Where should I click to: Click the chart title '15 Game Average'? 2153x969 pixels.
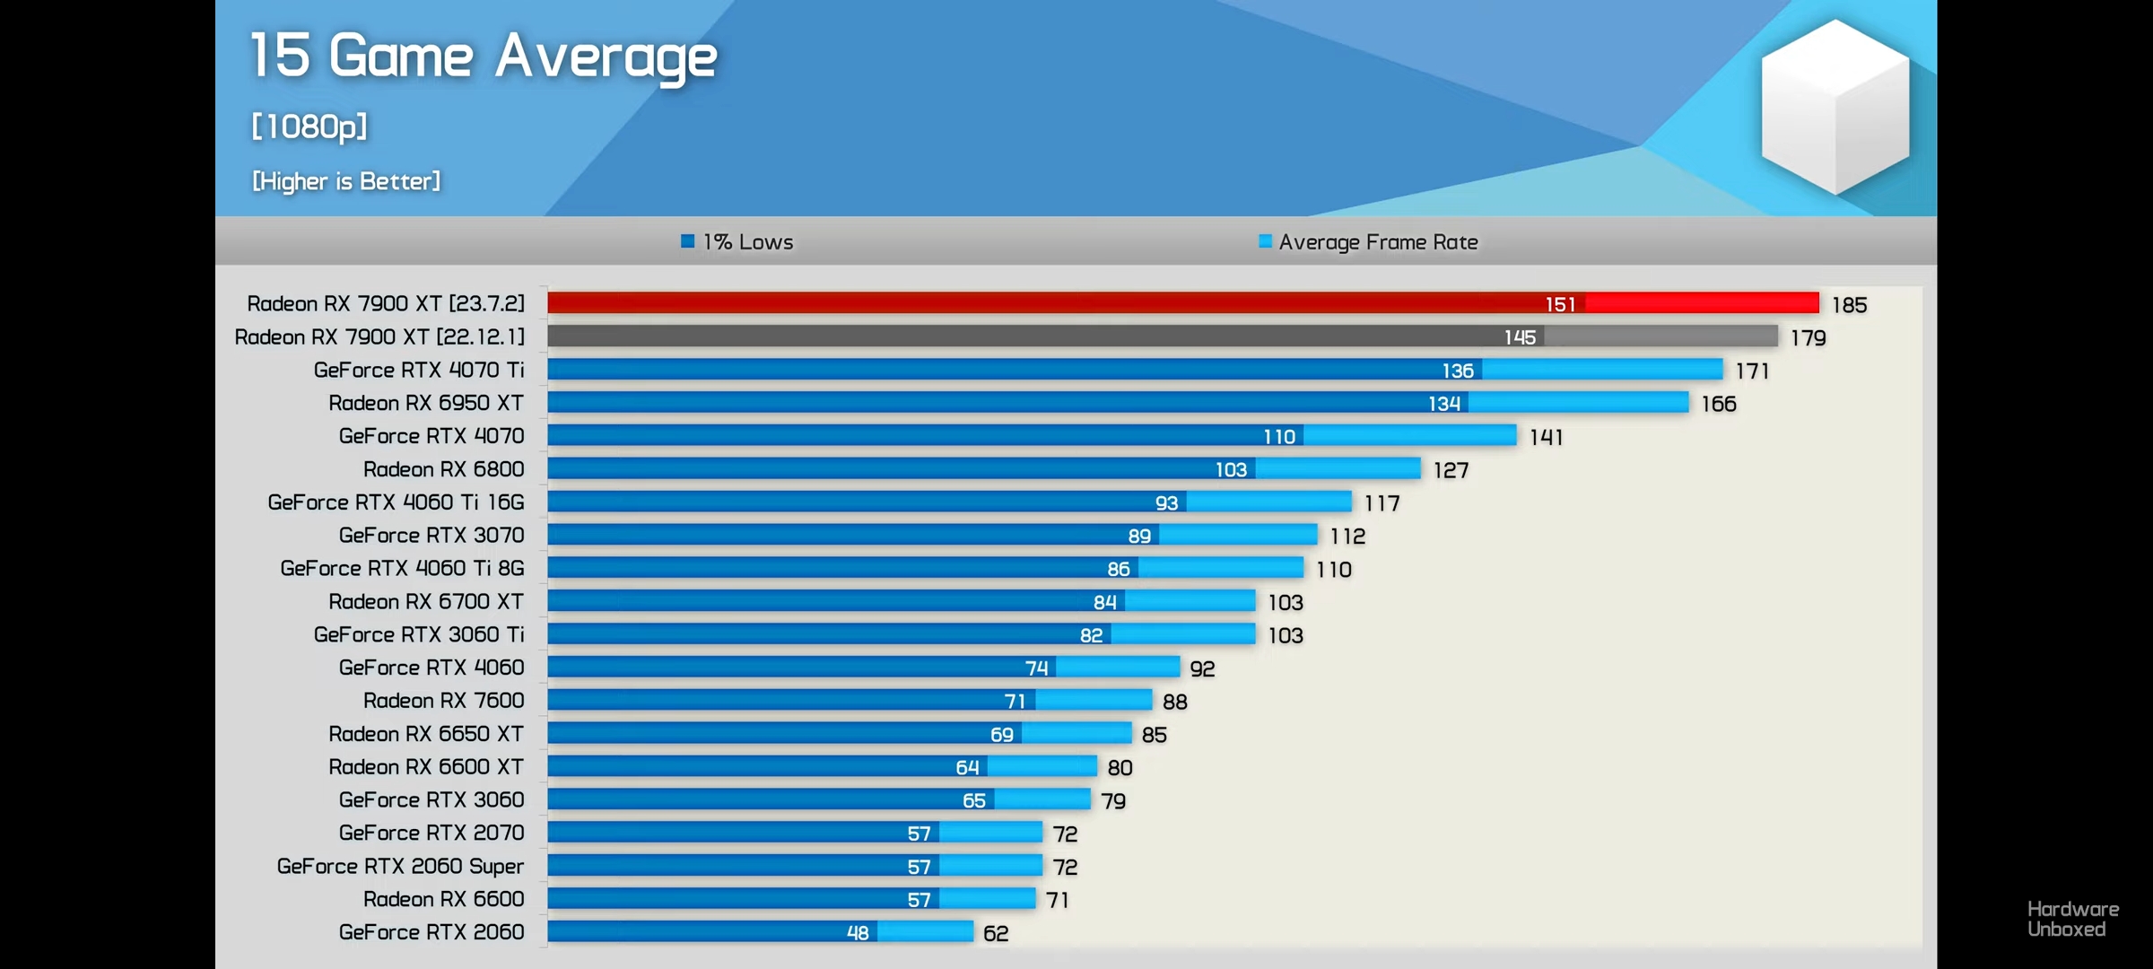(483, 56)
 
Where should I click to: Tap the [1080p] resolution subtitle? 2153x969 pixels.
(309, 127)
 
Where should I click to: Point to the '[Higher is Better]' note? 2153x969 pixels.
(346, 181)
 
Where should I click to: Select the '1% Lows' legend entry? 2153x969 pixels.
(738, 242)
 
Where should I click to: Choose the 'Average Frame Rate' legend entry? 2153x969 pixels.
(1369, 242)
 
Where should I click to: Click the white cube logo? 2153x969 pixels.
(1835, 106)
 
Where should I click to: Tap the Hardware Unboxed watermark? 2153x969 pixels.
(2072, 920)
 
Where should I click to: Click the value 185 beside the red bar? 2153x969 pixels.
(1849, 305)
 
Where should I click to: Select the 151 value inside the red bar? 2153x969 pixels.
(1560, 305)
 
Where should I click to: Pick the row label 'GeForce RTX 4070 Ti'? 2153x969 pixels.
(419, 370)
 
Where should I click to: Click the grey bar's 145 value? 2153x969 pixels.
(1520, 337)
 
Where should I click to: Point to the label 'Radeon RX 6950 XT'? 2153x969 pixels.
(426, 403)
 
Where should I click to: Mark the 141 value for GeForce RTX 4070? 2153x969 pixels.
(1546, 437)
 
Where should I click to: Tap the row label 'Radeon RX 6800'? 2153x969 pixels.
(444, 469)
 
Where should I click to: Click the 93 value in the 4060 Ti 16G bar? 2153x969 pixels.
(1166, 503)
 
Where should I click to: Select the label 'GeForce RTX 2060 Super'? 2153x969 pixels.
(400, 866)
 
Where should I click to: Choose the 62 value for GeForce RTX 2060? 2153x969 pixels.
(996, 933)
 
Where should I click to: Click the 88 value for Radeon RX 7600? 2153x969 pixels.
(1175, 702)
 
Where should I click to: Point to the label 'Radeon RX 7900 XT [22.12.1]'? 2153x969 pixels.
(379, 337)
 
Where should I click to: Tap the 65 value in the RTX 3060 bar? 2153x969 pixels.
(974, 800)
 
